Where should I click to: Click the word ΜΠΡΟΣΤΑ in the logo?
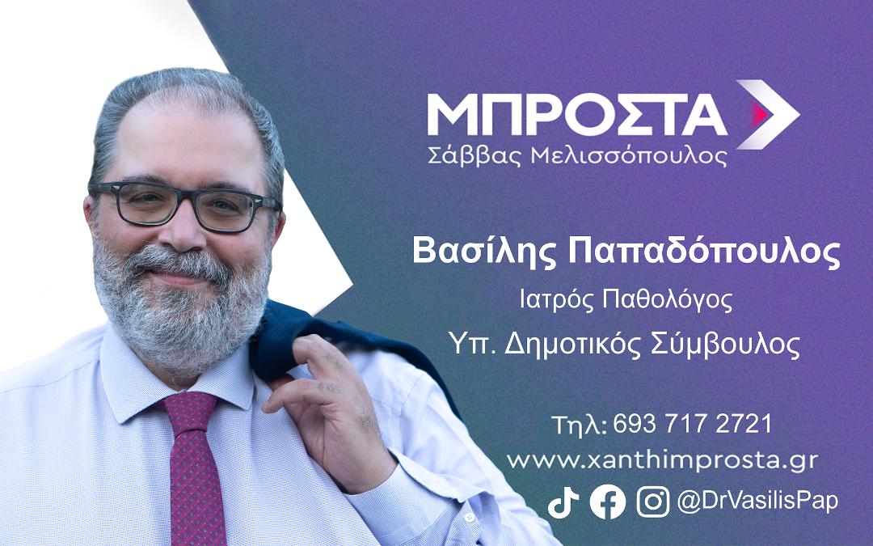(x=577, y=115)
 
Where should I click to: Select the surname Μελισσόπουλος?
(x=630, y=156)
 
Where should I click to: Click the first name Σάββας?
(x=475, y=155)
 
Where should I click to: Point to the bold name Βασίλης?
(x=484, y=252)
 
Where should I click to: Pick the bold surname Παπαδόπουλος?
(x=704, y=252)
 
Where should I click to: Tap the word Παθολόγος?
(x=668, y=301)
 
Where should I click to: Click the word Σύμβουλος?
(x=725, y=345)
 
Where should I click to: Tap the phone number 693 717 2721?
(x=693, y=425)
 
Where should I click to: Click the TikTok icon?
(x=563, y=502)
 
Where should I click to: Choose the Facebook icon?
(x=607, y=502)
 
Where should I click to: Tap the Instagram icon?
(x=652, y=502)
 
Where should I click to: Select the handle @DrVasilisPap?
(x=757, y=502)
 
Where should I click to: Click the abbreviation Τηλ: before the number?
(x=579, y=425)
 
